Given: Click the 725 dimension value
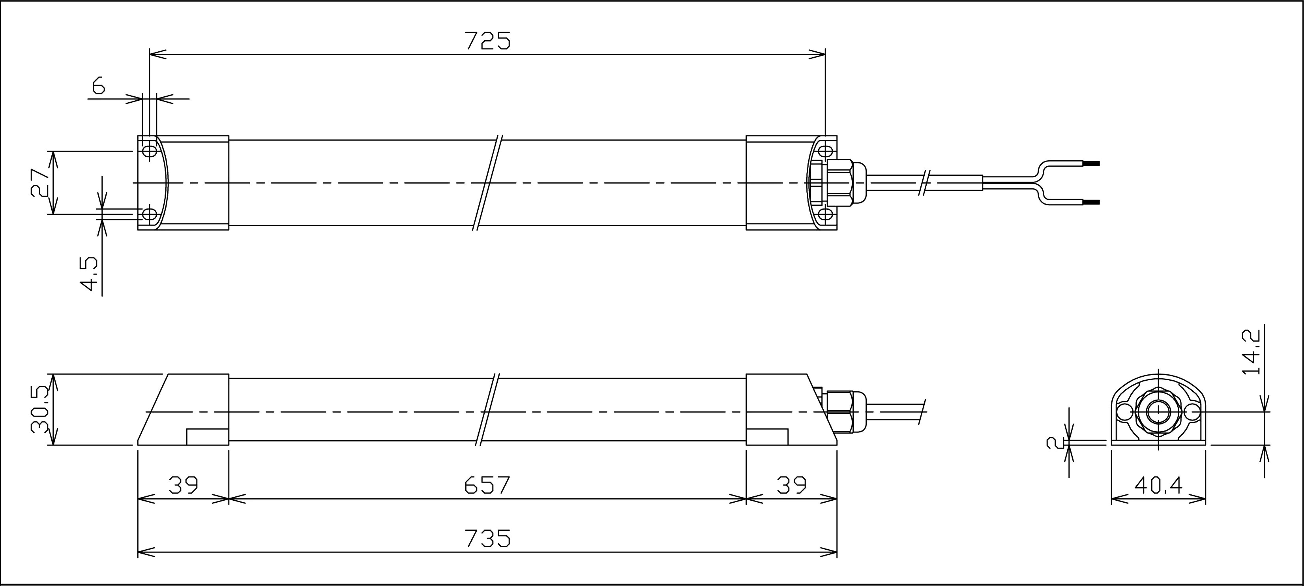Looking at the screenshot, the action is tap(487, 41).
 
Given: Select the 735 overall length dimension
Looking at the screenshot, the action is tap(487, 538).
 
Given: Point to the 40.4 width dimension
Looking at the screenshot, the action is tap(1158, 486).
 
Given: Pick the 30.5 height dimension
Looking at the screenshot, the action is tap(39, 410).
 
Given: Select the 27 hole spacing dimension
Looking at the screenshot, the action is tap(39, 182).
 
